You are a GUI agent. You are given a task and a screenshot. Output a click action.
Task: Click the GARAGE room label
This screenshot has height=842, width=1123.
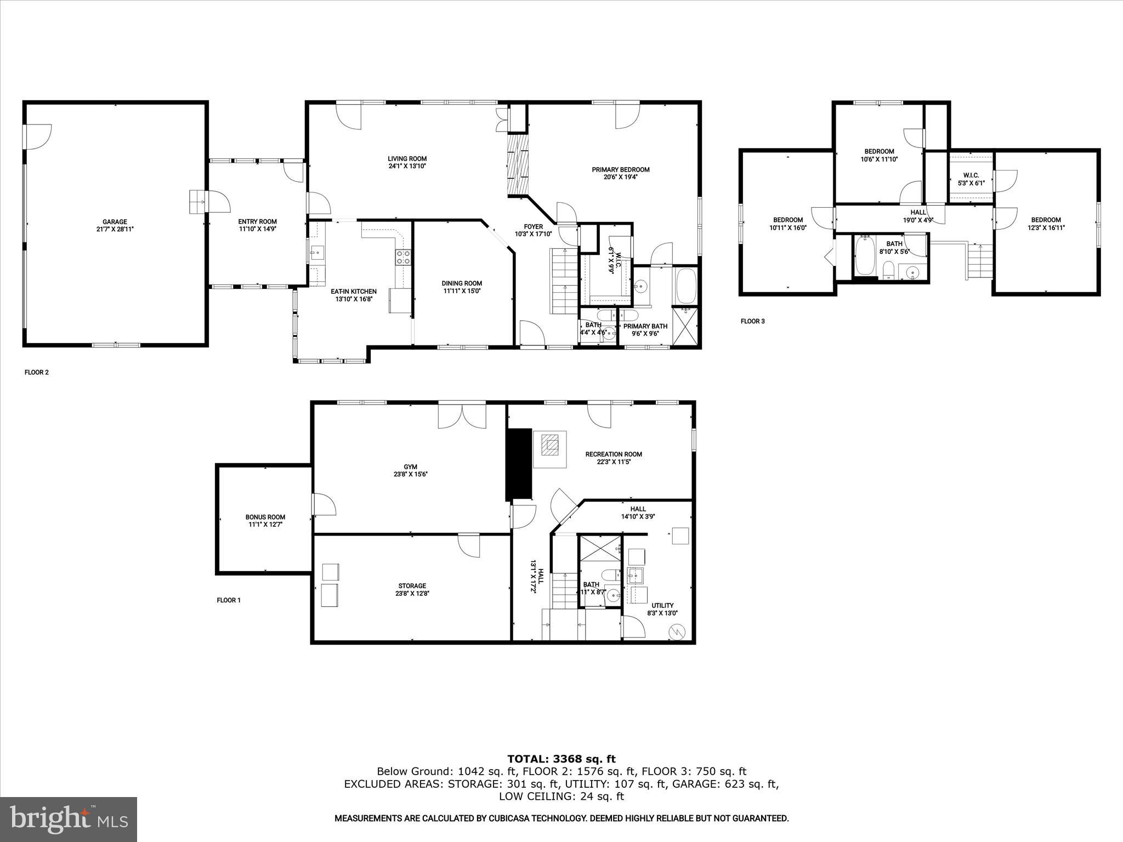(x=115, y=222)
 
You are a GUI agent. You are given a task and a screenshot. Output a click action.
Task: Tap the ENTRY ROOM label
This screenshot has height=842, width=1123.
(x=257, y=221)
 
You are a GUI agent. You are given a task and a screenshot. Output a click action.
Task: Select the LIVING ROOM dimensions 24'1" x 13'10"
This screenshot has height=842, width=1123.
(x=407, y=166)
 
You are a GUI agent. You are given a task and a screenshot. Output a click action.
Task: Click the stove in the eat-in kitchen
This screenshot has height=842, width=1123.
(x=404, y=257)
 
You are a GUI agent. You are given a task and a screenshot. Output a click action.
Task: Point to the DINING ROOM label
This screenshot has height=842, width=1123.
(x=462, y=283)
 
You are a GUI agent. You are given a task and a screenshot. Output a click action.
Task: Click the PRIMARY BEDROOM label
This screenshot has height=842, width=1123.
(x=620, y=169)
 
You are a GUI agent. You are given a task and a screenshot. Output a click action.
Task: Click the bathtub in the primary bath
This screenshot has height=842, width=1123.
(x=685, y=286)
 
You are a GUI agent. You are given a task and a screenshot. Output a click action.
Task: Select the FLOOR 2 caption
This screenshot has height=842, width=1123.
(x=37, y=372)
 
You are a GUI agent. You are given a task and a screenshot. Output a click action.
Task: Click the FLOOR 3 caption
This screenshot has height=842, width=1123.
(x=752, y=321)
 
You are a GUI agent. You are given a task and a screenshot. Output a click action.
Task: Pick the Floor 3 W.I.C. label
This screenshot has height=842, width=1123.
(x=971, y=175)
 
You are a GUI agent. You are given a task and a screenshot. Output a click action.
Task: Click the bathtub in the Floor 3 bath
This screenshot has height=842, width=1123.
(x=865, y=255)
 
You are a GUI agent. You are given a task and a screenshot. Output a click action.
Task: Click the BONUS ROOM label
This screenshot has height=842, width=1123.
(x=265, y=517)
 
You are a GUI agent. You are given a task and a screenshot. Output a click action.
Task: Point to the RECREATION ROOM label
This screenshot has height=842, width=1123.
(x=613, y=454)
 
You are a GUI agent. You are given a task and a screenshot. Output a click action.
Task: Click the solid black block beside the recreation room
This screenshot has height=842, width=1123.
(x=519, y=464)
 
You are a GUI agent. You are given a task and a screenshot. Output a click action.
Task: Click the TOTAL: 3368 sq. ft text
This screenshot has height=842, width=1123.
(x=561, y=759)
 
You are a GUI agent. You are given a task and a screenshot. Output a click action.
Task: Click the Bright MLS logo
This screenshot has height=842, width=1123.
(x=69, y=819)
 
